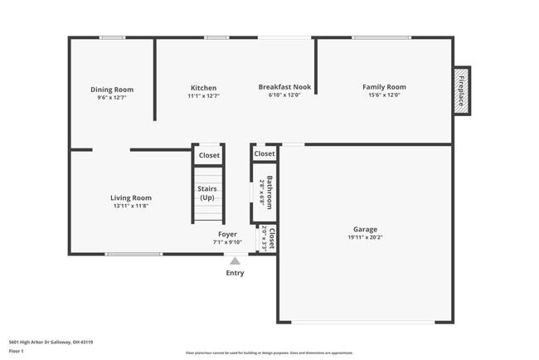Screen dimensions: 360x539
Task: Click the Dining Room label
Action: tap(112, 90)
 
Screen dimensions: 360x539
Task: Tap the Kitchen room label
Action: tap(203, 88)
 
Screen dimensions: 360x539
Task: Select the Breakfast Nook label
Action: tap(284, 87)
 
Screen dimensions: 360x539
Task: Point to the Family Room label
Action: tap(384, 87)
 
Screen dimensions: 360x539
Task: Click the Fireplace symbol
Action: tap(462, 90)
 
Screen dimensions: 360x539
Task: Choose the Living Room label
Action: tap(131, 197)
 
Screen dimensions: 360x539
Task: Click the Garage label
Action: tap(365, 229)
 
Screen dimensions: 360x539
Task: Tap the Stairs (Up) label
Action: tap(207, 193)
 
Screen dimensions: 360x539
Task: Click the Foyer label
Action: tap(227, 234)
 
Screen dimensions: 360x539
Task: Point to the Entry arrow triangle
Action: tap(235, 261)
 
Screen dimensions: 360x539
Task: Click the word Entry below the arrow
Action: tap(235, 273)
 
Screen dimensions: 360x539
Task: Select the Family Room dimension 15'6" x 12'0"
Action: tap(384, 95)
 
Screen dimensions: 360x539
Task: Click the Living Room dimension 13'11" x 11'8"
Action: tap(131, 206)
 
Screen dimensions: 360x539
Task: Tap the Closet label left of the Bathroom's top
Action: tap(209, 155)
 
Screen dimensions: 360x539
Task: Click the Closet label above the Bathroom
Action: tap(265, 153)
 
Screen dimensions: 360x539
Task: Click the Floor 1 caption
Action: tap(17, 351)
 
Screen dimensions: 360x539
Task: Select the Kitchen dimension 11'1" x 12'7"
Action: tap(203, 96)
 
